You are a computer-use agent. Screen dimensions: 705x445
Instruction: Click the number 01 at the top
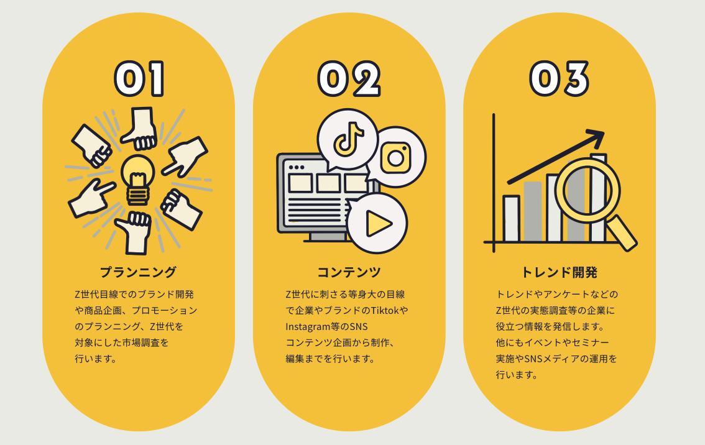pos(139,79)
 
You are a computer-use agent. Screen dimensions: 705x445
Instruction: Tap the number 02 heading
pos(349,79)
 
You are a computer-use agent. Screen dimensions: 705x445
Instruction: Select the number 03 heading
pos(559,79)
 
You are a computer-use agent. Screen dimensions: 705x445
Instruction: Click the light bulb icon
pos(137,179)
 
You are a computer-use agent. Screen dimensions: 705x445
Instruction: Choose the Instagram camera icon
pos(396,158)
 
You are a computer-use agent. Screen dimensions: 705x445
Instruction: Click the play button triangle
pos(377,223)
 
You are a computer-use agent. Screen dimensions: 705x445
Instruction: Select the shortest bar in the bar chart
pos(511,218)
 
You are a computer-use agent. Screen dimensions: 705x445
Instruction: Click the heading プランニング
pos(138,272)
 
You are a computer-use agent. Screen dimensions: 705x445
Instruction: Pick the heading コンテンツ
pos(349,272)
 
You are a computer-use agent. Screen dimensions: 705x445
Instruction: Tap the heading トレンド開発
pos(559,272)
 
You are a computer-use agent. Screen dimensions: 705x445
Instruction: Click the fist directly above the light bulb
pos(140,128)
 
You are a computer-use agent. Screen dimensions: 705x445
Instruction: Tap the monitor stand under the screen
pos(327,237)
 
